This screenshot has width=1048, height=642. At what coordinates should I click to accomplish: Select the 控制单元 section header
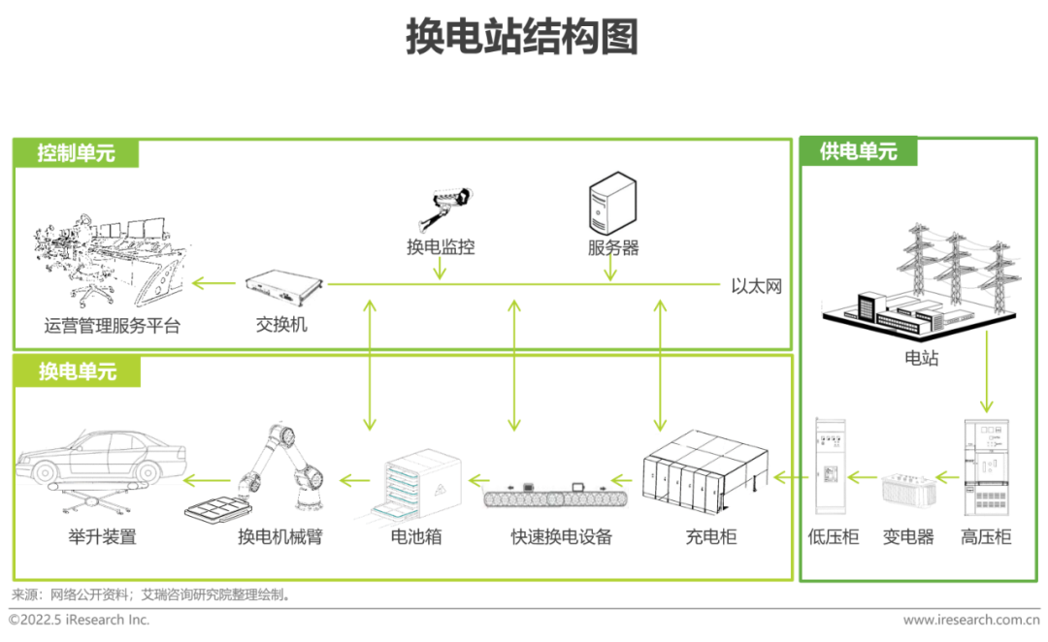(77, 153)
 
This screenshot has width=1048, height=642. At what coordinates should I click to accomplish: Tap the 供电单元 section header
(858, 151)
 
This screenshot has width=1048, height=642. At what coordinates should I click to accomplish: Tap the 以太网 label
(756, 286)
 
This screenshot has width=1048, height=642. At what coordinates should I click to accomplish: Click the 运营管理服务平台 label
(113, 326)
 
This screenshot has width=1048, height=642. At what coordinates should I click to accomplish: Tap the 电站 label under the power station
(921, 359)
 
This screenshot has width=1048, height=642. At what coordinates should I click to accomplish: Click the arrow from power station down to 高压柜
(986, 372)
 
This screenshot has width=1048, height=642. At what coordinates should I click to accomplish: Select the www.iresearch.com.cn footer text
(970, 620)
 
